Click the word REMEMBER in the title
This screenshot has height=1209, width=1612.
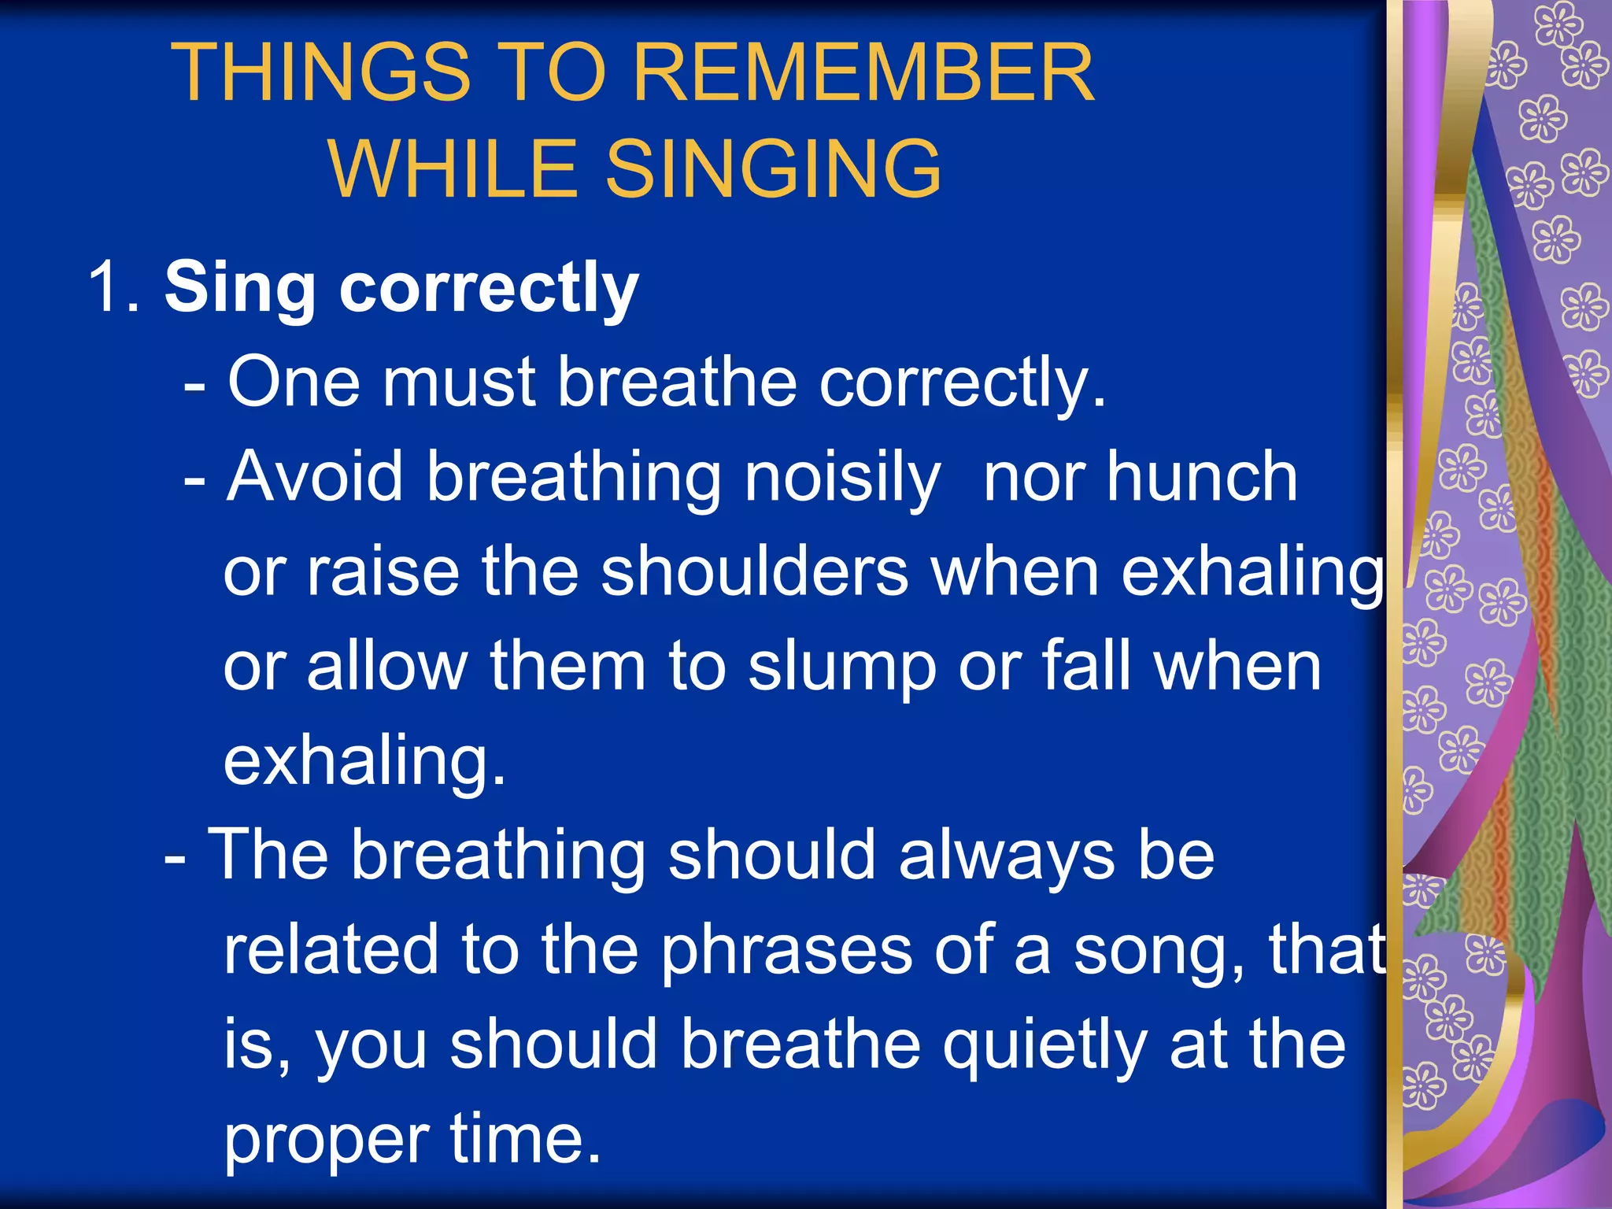click(863, 72)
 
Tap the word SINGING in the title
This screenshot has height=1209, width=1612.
click(773, 168)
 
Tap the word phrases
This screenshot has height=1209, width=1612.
click(786, 951)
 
